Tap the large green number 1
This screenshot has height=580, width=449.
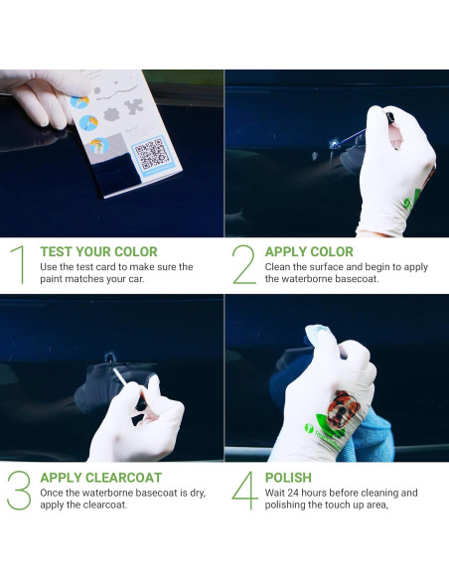[x=17, y=264]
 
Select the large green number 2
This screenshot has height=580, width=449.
[x=243, y=264]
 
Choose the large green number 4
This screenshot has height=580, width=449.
[x=244, y=491]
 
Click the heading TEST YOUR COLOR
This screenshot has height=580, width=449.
[x=98, y=252]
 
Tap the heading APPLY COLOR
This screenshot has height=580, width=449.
[x=309, y=252]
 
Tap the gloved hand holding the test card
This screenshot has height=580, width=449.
[x=40, y=94]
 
